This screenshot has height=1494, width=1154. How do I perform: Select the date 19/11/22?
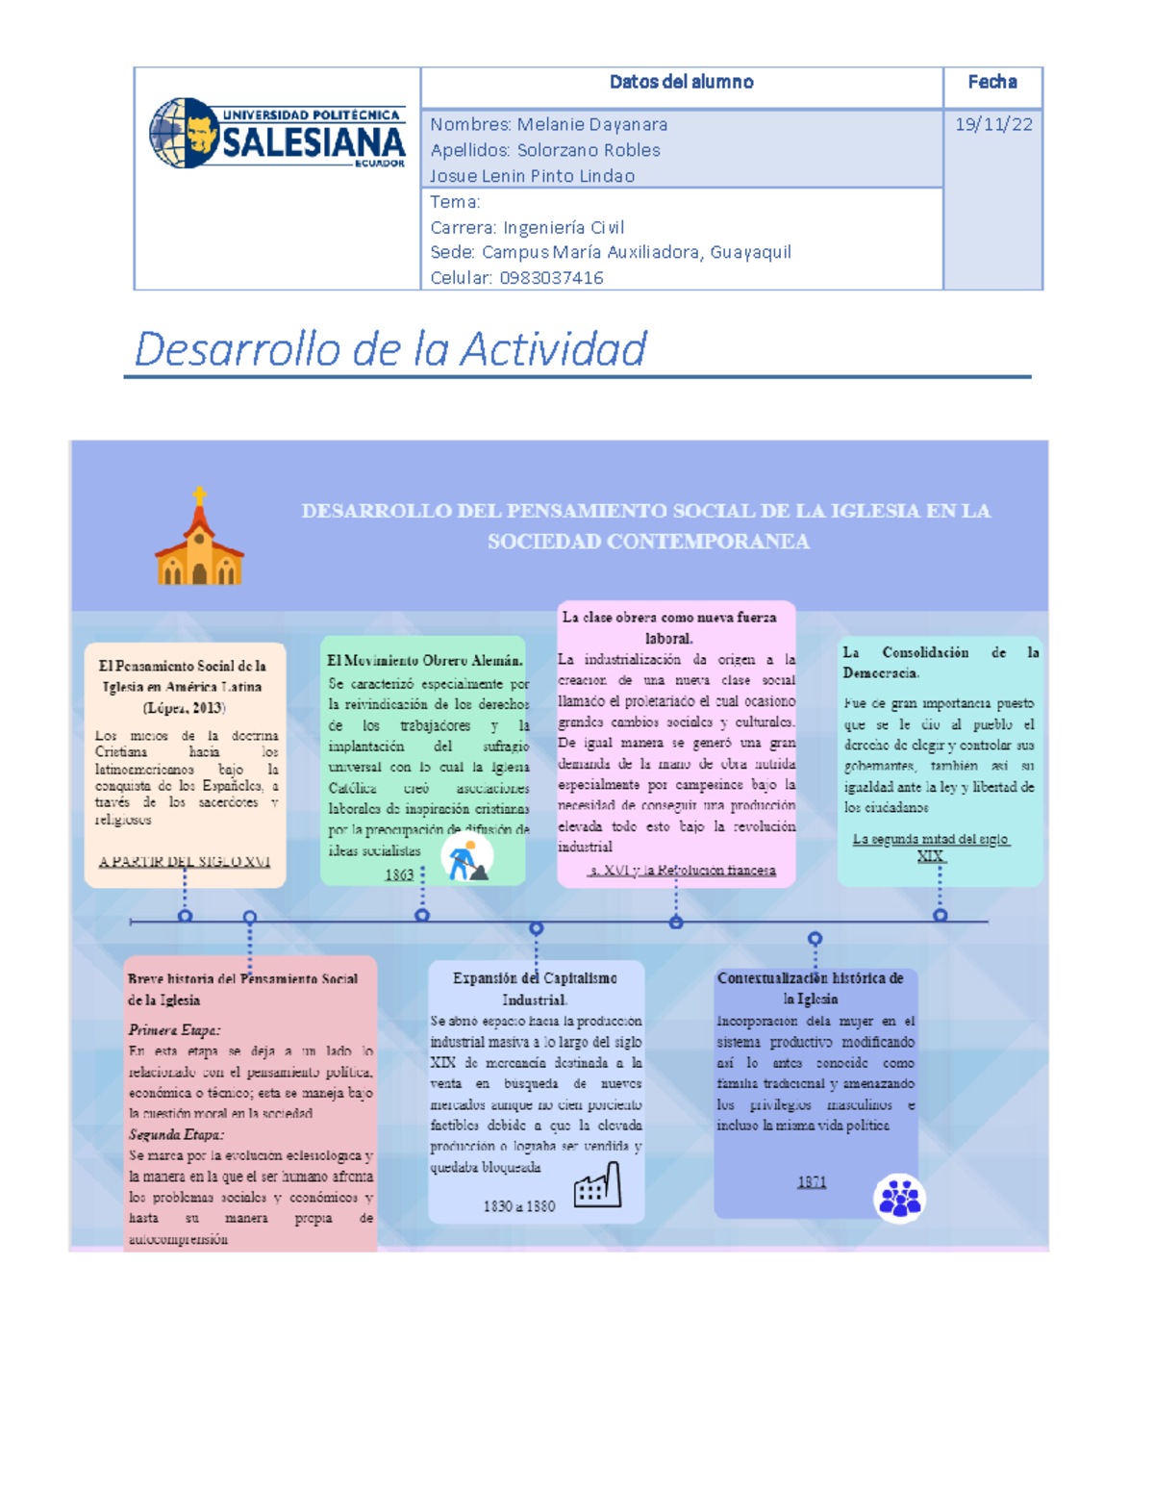click(x=993, y=124)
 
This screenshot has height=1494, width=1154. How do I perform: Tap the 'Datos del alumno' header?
click(x=681, y=83)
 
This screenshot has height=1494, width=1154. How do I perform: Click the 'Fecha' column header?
click(x=992, y=83)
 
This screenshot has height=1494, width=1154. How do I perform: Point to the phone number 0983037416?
click(x=551, y=278)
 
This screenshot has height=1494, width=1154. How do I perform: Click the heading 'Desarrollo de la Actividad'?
click(x=389, y=348)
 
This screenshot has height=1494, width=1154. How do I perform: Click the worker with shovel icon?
click(x=467, y=858)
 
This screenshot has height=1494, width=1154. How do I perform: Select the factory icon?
click(x=597, y=1185)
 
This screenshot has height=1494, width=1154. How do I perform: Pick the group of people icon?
click(x=899, y=1198)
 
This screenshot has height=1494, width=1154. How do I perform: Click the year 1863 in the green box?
click(x=399, y=874)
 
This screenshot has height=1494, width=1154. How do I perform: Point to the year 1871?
click(x=812, y=1181)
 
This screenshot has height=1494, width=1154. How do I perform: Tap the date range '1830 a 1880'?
click(x=519, y=1205)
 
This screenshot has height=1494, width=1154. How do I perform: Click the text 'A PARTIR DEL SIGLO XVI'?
click(x=185, y=861)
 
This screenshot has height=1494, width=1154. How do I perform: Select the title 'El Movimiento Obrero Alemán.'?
click(x=425, y=660)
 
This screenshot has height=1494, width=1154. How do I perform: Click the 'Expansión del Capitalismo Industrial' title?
click(x=535, y=988)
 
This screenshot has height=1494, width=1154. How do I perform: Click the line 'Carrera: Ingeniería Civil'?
click(x=527, y=227)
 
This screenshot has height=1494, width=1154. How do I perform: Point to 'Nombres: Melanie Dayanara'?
click(x=548, y=124)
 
